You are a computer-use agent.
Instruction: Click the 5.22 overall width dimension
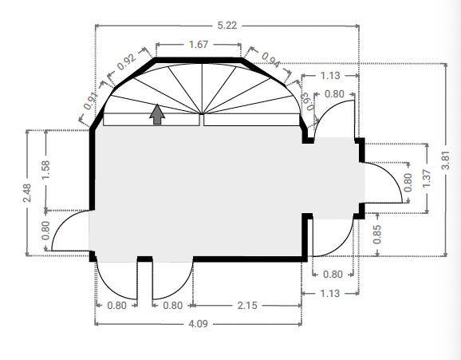click(227, 26)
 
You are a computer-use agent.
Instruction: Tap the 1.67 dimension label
click(199, 45)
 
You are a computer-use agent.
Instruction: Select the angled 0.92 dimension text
click(127, 61)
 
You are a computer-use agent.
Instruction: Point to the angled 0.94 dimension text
click(271, 60)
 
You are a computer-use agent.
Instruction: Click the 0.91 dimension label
click(90, 101)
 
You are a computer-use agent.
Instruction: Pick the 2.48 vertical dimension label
click(27, 193)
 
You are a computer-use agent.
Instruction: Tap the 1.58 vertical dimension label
click(45, 170)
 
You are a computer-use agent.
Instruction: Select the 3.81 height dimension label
click(446, 160)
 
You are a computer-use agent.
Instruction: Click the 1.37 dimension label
click(427, 178)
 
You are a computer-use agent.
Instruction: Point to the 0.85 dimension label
click(377, 235)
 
